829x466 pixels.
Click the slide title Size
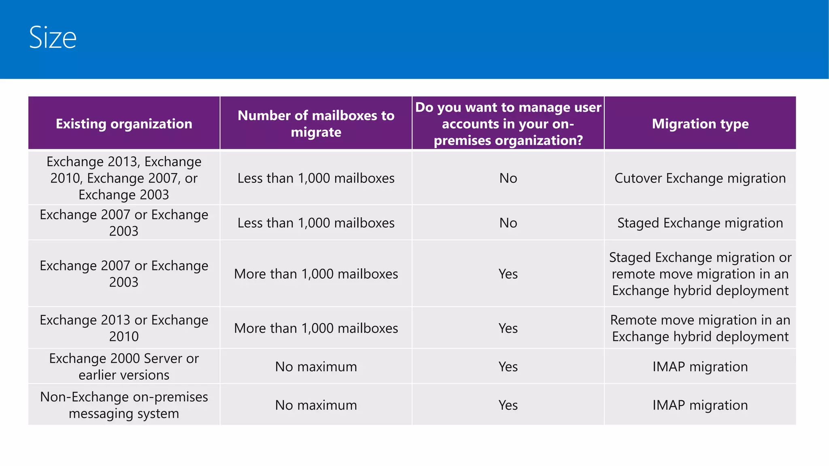click(53, 37)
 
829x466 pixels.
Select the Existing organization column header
click(124, 123)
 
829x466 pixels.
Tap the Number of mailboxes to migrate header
click(316, 123)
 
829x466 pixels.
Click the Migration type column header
click(700, 123)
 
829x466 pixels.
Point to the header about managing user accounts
click(508, 123)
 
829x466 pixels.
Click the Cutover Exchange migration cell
click(700, 178)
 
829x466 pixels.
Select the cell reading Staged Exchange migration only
click(700, 223)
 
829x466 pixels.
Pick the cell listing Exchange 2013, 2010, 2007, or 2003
click(124, 178)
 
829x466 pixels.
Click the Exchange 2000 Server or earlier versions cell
click(124, 366)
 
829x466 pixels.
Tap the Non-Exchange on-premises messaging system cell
click(124, 405)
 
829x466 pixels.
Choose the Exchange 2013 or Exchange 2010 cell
click(124, 328)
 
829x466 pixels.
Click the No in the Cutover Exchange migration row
click(508, 178)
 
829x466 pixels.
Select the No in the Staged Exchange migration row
click(508, 223)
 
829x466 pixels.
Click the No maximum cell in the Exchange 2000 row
click(316, 366)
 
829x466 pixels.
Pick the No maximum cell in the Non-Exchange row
click(316, 405)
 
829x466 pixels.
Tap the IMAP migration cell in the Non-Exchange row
click(700, 405)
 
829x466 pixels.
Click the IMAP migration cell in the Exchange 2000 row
click(700, 366)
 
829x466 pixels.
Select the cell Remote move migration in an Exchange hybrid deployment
click(700, 328)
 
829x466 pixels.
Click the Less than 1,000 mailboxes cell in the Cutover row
click(316, 178)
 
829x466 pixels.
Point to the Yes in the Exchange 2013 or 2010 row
click(508, 328)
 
